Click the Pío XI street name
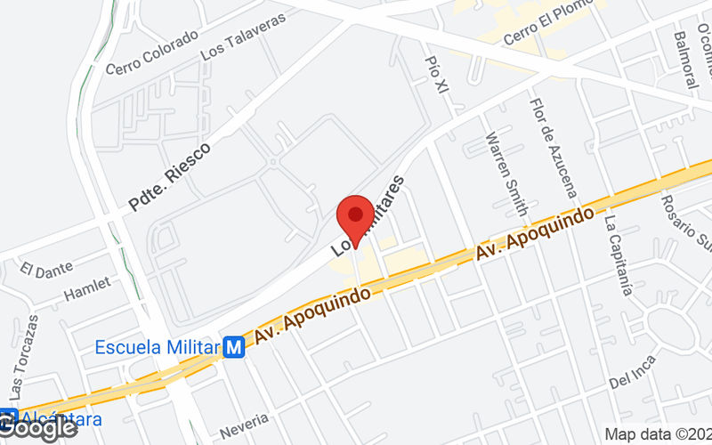tap(437, 72)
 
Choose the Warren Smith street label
tap(506, 174)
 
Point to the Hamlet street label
tap(87, 287)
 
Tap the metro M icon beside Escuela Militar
tap(235, 347)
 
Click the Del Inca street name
tap(633, 373)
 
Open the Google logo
tap(39, 428)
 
